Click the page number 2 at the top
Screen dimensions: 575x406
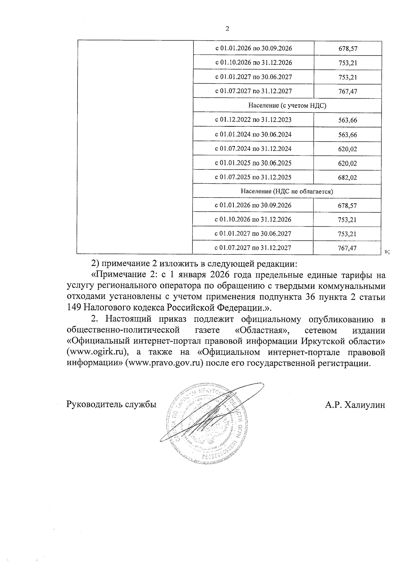(227, 29)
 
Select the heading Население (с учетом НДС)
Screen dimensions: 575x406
(287, 105)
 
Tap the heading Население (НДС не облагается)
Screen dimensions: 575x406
(287, 191)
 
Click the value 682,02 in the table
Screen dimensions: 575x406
(347, 178)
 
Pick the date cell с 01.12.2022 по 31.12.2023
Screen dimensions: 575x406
(253, 120)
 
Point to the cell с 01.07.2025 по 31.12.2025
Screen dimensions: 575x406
(253, 177)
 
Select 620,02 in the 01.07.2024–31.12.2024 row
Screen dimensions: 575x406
(347, 149)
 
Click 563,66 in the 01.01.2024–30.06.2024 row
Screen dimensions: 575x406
(347, 135)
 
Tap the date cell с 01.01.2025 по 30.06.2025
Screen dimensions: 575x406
(253, 163)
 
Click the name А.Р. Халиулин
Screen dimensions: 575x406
(355, 405)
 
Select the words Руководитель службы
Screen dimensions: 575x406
(111, 405)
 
